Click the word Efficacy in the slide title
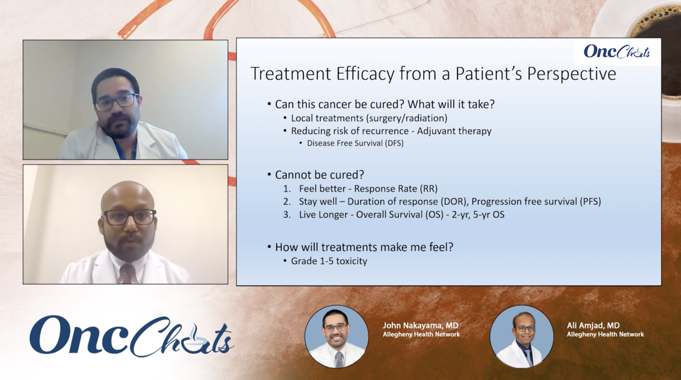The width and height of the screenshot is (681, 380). (365, 74)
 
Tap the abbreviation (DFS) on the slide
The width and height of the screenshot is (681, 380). (394, 143)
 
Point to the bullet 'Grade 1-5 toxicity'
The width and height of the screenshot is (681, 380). (329, 261)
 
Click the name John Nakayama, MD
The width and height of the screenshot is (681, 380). (420, 326)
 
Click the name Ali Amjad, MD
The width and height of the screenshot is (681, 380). (593, 326)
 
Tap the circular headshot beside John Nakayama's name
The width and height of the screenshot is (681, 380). (336, 337)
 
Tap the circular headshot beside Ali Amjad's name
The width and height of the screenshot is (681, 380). (521, 337)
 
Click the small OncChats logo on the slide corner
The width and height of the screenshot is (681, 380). (617, 52)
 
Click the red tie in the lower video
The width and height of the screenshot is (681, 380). (127, 274)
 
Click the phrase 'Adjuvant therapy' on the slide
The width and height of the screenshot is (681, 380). (454, 131)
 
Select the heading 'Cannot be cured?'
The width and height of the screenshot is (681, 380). (319, 175)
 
